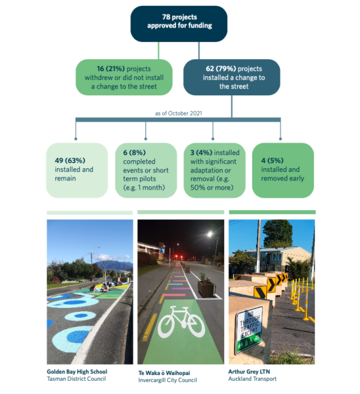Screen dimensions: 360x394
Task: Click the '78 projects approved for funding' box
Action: (179, 24)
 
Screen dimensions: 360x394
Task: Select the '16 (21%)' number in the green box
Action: (111, 69)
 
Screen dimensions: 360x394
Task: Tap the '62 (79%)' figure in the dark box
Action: (221, 69)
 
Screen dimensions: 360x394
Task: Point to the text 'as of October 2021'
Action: (179, 114)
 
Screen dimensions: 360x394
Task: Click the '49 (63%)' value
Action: (70, 160)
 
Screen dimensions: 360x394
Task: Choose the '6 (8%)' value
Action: (134, 152)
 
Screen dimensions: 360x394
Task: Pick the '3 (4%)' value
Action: (201, 152)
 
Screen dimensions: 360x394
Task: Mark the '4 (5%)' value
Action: (272, 160)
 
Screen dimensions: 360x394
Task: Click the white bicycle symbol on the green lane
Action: (181, 322)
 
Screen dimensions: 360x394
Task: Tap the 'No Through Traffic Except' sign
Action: (249, 330)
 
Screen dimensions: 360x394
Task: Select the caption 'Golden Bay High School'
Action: (77, 372)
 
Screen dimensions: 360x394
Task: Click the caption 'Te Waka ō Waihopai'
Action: (164, 373)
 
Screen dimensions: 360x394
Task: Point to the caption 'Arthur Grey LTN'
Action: (249, 372)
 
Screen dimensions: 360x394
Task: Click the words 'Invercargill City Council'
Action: (168, 380)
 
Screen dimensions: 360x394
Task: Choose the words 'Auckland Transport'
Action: (252, 379)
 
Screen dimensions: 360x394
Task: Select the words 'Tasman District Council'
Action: (76, 379)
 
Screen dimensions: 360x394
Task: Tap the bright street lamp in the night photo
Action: (210, 234)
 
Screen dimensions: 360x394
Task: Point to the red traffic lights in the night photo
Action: (179, 257)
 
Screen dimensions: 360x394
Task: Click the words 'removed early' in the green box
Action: (282, 178)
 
